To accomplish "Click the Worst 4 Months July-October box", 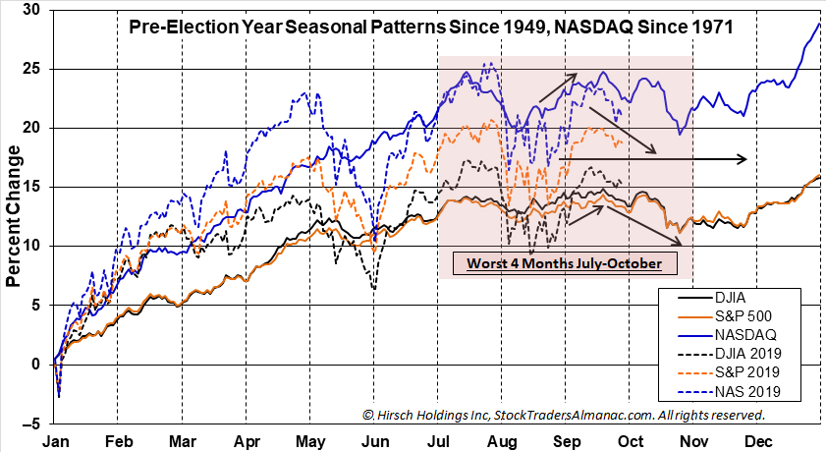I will [x=564, y=263].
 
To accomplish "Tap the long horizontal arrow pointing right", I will [x=653, y=158].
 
